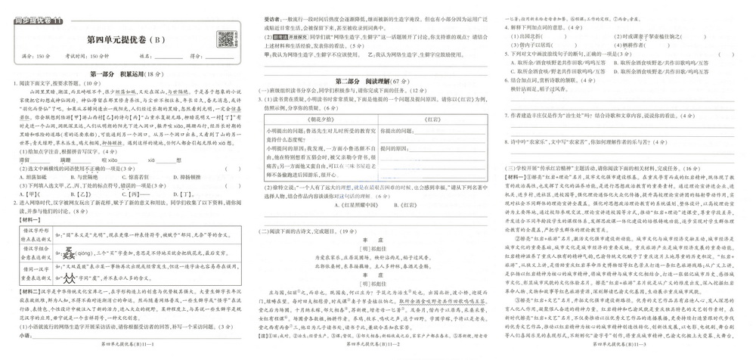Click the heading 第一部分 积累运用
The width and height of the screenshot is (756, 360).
(x=125, y=74)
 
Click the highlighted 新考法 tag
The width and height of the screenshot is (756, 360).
(x=281, y=36)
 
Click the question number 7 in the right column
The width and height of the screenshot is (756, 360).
(x=506, y=115)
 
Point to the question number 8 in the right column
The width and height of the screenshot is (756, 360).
(x=506, y=141)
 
